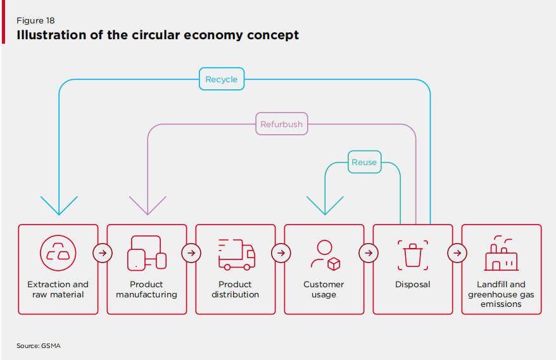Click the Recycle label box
coord(222,80)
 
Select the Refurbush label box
coord(281,125)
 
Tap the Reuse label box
coord(364,163)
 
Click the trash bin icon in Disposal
coord(413,254)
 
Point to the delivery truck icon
coord(236,254)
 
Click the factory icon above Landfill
coord(501,254)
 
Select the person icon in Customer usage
coord(325,254)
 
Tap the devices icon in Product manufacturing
coord(147,253)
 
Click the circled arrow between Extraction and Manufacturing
coord(103,253)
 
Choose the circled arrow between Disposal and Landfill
coord(457,253)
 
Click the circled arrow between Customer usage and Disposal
coord(368,253)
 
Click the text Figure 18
coord(35,21)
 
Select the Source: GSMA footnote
coord(39,345)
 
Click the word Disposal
coord(413,285)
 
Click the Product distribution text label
coord(236,290)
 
